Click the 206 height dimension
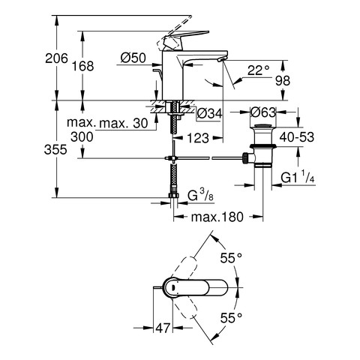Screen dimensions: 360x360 56,58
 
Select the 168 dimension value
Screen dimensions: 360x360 83,66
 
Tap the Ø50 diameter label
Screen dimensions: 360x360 133,58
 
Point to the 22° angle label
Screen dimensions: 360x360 259,70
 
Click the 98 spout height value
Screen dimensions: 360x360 283,80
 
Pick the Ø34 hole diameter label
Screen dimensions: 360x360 209,114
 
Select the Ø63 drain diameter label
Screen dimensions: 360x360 263,112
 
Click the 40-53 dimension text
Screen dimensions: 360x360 297,137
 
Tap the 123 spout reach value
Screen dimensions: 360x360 198,138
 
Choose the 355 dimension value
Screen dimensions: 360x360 55,150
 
